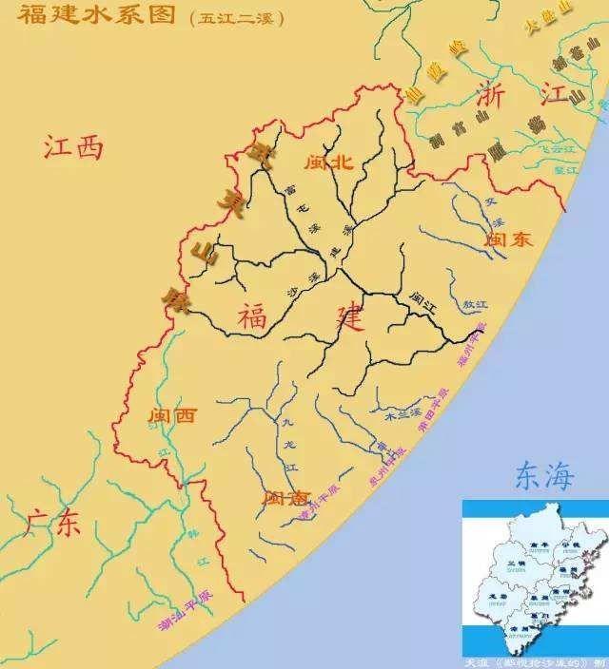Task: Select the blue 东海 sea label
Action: point(544,475)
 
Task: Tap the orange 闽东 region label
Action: point(508,240)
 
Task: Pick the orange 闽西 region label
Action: point(173,415)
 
